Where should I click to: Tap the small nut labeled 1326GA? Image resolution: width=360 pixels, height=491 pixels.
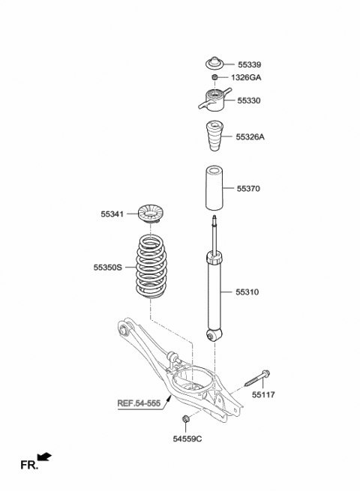tap(215, 77)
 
